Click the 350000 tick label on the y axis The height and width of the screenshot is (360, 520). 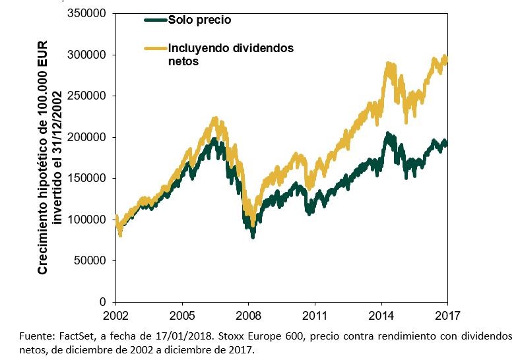(x=88, y=14)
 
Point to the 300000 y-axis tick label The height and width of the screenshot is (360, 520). (x=88, y=55)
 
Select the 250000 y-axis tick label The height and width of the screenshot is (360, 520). (x=88, y=96)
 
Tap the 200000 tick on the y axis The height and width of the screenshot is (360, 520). (x=88, y=137)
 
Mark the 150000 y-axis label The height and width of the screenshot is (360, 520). (x=88, y=178)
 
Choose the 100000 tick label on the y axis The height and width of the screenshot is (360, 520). (x=88, y=219)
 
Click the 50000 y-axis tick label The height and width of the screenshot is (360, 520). (x=90, y=260)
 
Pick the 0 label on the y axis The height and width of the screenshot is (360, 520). (x=104, y=301)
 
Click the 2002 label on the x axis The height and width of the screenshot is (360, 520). (x=116, y=315)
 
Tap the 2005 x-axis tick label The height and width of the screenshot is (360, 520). (x=182, y=315)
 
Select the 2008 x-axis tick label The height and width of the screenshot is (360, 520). (x=249, y=315)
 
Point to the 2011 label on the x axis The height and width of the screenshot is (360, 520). (x=315, y=315)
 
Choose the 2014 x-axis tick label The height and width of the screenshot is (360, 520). (x=381, y=315)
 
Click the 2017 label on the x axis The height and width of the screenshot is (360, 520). (x=447, y=315)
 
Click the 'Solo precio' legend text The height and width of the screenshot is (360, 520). (x=200, y=20)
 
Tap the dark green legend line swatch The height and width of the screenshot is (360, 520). (x=156, y=20)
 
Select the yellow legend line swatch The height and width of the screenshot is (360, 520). (x=156, y=48)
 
